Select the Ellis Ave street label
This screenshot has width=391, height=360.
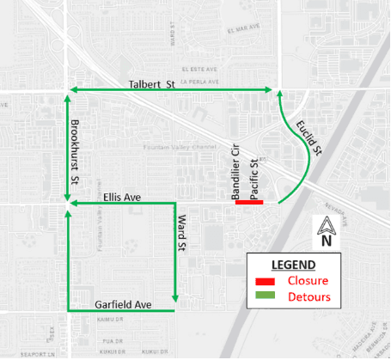tap(122, 197)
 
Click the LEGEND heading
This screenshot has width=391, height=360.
tap(295, 264)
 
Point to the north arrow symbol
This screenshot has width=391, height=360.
tap(326, 227)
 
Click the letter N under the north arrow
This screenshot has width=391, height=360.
tap(326, 242)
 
